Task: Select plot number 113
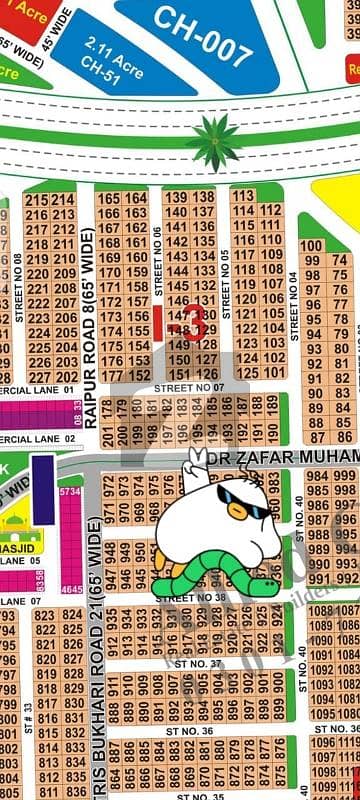click(244, 196)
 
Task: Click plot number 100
click(311, 246)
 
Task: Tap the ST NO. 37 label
click(203, 663)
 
